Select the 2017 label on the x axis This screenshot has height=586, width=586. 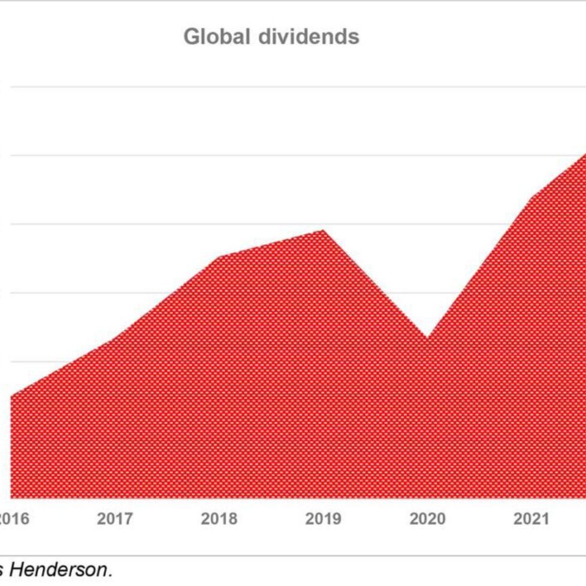[114, 519]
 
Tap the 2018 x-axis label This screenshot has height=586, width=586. [219, 519]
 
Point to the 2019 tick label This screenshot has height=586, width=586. [323, 519]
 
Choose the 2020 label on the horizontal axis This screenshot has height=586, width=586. [427, 519]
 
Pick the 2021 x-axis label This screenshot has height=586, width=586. [531, 519]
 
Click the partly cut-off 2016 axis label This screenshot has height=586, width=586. [13, 519]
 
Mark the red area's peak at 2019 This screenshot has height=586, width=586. [324, 230]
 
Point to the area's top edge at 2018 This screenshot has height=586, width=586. [219, 257]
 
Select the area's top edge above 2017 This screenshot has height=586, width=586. [115, 339]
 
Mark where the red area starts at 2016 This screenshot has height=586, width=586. [12, 396]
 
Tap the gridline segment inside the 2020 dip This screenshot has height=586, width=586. [427, 293]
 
